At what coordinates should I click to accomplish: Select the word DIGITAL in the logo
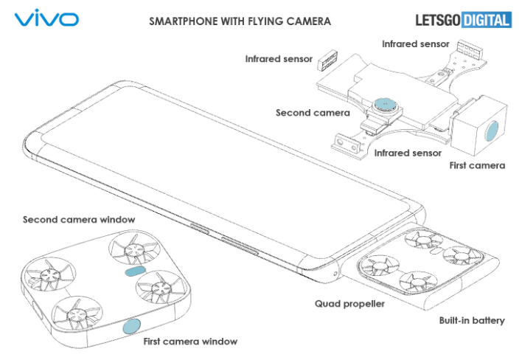(x=486, y=20)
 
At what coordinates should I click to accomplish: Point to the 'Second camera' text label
(x=313, y=113)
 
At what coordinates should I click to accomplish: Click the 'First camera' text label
(x=477, y=165)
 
